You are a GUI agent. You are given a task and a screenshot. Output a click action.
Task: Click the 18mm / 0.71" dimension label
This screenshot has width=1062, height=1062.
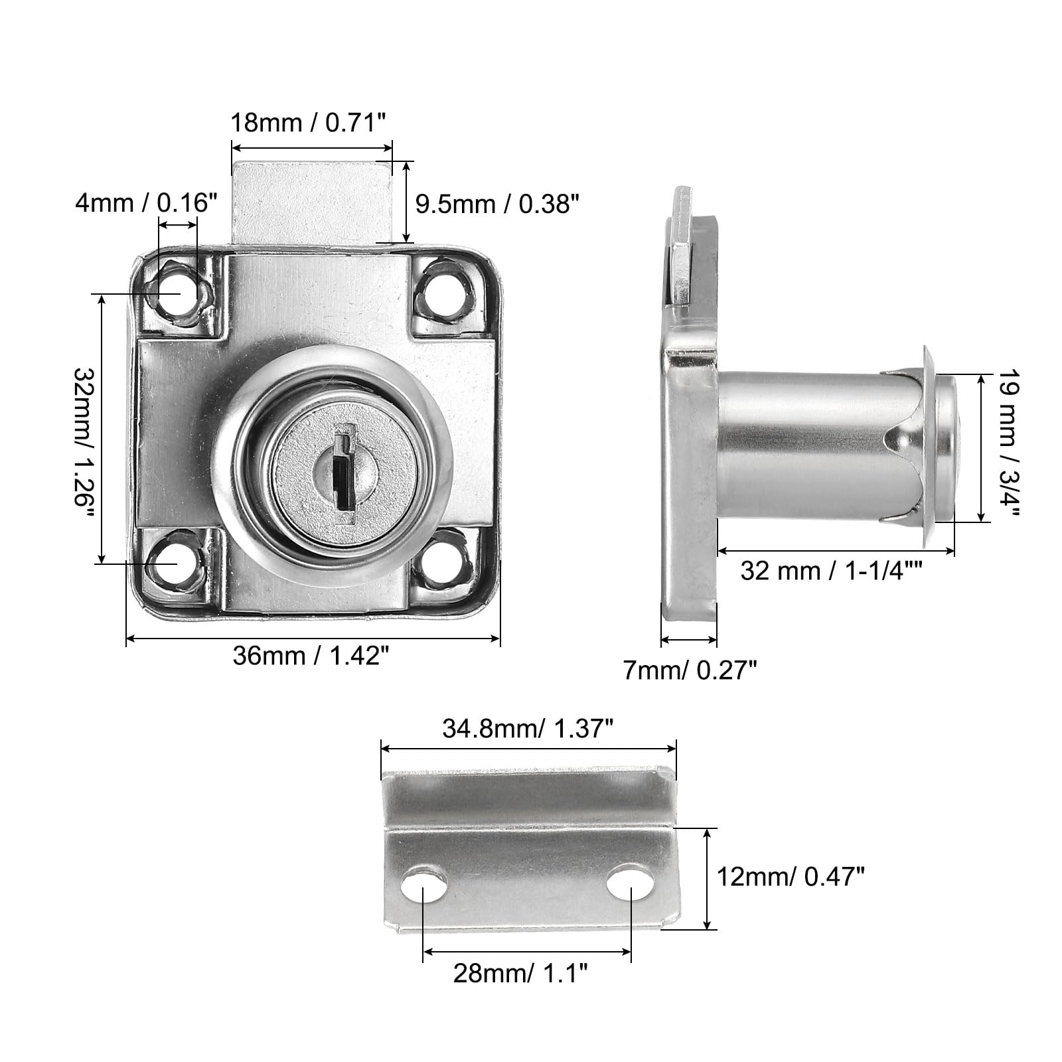pos(308,123)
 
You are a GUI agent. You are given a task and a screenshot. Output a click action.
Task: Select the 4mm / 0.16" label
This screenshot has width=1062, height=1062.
pos(146,202)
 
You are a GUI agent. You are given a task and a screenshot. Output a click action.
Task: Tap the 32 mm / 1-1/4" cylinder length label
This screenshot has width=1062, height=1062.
pos(831,570)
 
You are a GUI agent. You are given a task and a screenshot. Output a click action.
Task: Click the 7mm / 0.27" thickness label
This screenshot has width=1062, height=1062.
pos(690,671)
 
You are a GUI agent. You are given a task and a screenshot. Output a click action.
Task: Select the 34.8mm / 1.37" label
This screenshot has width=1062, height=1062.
pos(527,729)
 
